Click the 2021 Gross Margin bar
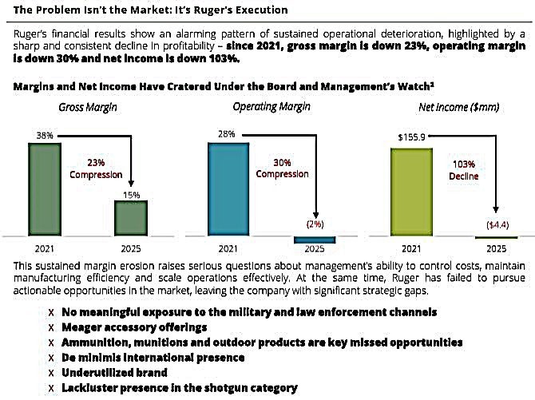click(x=44, y=189)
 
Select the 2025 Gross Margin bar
click(x=131, y=218)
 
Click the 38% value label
click(x=44, y=136)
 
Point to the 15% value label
click(x=131, y=194)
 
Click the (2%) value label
click(x=313, y=225)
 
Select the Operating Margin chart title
click(x=264, y=106)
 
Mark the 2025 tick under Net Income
click(x=496, y=248)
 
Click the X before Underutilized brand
click(x=52, y=373)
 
